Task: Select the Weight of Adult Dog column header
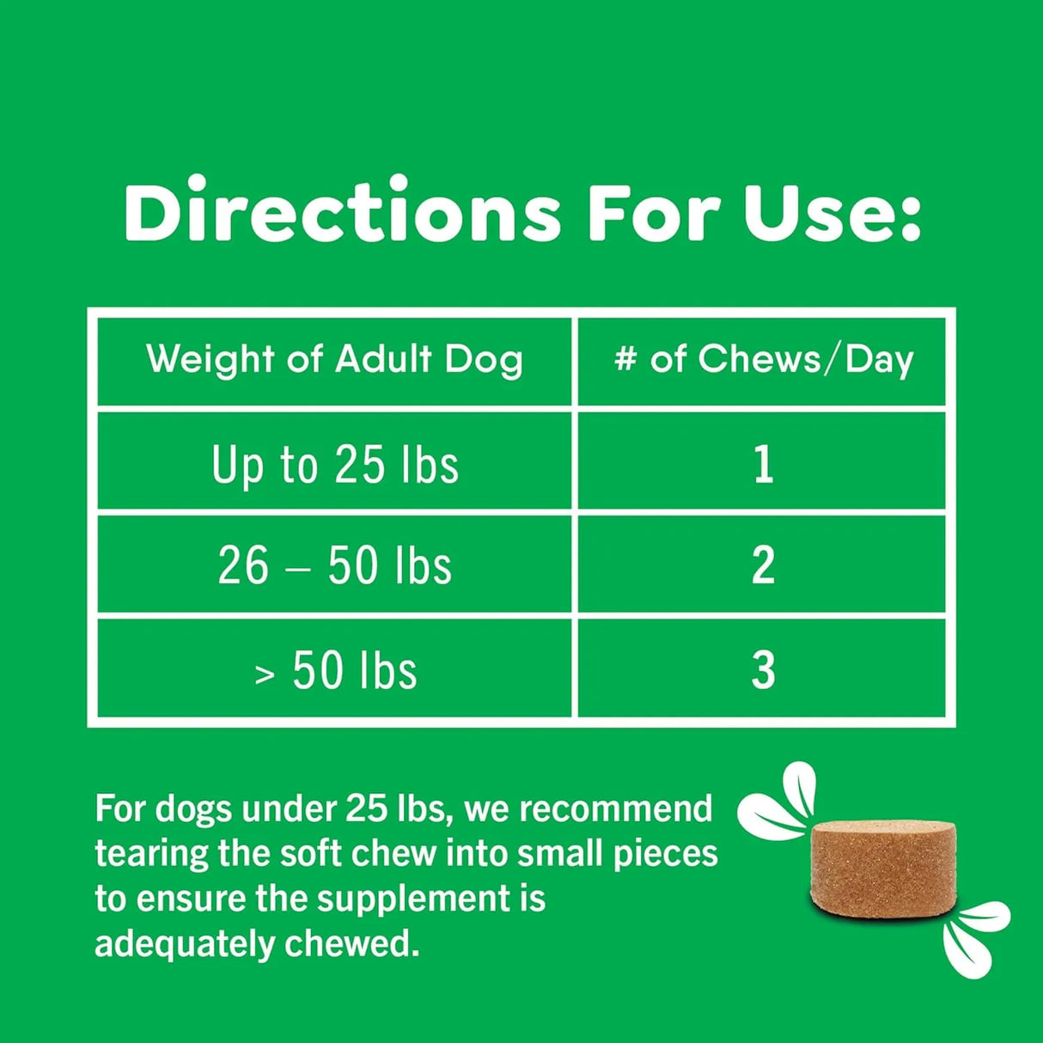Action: pyautogui.click(x=334, y=359)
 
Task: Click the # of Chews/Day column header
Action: pyautogui.click(x=764, y=359)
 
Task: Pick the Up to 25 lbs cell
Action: pyautogui.click(x=334, y=465)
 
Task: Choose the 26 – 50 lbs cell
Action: pyautogui.click(x=334, y=566)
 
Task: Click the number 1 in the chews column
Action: pyautogui.click(x=763, y=465)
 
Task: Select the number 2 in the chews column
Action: pyautogui.click(x=763, y=566)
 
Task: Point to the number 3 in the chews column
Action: pyautogui.click(x=763, y=671)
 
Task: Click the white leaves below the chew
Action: pyautogui.click(x=975, y=937)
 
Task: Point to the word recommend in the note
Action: pyautogui.click(x=616, y=809)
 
